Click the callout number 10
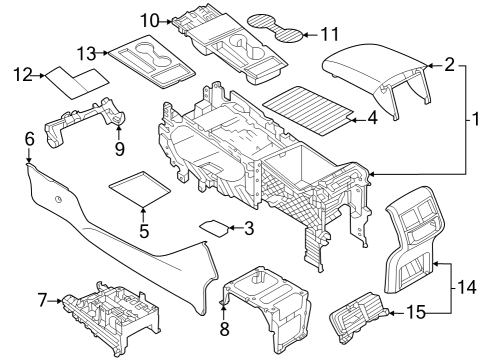[150, 21]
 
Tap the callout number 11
[329, 34]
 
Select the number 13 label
[87, 53]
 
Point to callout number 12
[23, 75]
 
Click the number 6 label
[30, 139]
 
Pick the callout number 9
[120, 148]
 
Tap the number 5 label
[144, 231]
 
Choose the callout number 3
[249, 228]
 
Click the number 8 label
[225, 329]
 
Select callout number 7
[42, 300]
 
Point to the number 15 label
[416, 313]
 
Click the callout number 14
[467, 287]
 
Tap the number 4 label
[372, 118]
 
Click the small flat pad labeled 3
[214, 228]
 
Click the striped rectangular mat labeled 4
[308, 111]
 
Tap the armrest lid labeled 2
[377, 78]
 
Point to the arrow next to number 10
[166, 22]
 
